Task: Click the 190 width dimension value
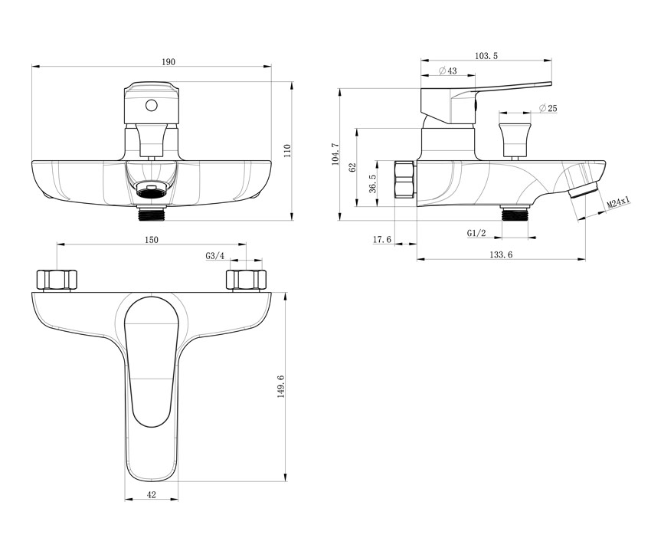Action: tap(168, 62)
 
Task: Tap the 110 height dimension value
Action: tap(287, 150)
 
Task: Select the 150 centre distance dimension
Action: tap(152, 240)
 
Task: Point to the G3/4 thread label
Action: tap(214, 256)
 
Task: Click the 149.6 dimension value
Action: tap(280, 386)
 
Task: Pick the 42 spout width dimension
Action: tap(152, 494)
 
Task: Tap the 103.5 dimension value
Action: tap(486, 56)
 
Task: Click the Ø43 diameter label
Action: tap(447, 71)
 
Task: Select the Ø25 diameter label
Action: tap(548, 108)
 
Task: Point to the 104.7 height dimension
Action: tap(335, 154)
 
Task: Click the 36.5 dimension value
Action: tap(372, 183)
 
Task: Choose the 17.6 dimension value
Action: tap(382, 239)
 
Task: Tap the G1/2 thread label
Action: tap(476, 233)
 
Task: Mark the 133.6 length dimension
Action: tap(501, 254)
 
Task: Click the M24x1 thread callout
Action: tap(618, 202)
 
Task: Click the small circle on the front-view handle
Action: tap(152, 106)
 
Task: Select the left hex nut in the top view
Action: tap(57, 280)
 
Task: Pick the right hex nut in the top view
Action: tap(246, 280)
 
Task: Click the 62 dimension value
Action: tap(353, 168)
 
